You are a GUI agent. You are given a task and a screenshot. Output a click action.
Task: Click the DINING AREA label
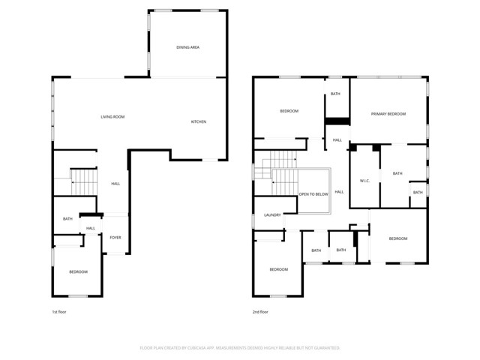point(187,47)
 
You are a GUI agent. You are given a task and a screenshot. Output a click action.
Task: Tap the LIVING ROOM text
point(113,117)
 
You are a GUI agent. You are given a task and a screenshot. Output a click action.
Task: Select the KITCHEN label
point(198,122)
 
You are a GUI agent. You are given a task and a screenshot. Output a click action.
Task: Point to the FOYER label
point(115,238)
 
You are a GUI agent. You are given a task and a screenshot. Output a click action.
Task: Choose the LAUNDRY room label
point(272,215)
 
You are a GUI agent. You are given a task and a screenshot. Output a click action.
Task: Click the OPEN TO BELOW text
point(313,193)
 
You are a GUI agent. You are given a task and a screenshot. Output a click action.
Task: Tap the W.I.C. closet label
point(366,181)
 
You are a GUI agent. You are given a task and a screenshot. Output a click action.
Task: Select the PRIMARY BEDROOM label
point(388,114)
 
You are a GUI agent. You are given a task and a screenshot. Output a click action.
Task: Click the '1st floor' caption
point(59,311)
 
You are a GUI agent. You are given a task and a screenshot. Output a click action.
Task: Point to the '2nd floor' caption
point(259,311)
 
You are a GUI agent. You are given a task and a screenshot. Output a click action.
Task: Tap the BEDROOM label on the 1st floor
point(79,271)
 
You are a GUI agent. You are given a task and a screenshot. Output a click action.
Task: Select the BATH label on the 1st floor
point(67,219)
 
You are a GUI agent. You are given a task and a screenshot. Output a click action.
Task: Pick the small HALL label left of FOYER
point(90,229)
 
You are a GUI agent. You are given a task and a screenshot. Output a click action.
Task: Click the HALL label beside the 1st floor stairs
point(115,184)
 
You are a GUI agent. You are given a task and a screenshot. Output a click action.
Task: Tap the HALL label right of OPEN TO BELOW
point(339,192)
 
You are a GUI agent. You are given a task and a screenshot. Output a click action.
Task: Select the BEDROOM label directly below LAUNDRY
point(278,269)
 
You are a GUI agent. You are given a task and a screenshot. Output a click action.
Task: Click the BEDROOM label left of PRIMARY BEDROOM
point(289,111)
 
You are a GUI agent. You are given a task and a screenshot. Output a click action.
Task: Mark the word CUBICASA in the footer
point(199,348)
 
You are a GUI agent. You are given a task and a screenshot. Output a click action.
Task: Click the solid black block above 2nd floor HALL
point(337,121)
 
